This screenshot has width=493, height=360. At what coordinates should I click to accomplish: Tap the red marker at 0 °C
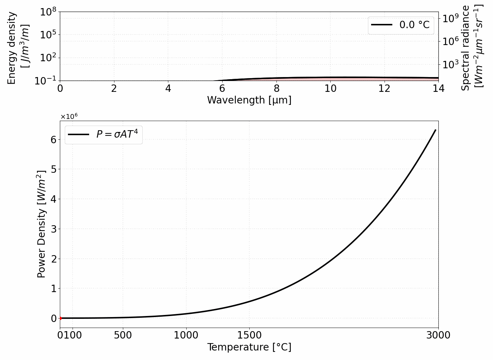point(60,318)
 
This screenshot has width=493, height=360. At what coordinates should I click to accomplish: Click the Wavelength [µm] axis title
point(249,100)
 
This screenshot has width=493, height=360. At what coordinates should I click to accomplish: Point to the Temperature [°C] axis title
point(249,347)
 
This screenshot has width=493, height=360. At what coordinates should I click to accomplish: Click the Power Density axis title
point(42,224)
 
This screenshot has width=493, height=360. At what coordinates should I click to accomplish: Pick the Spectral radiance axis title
point(472,47)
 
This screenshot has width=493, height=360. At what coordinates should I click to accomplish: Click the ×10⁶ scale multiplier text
point(69,116)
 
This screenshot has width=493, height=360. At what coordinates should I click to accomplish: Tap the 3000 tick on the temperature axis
point(438,335)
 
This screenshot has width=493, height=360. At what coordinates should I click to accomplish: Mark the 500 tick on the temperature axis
point(123,335)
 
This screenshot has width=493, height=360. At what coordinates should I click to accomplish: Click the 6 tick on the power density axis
point(54,140)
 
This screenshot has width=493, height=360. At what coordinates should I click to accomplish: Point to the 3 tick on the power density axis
point(54,229)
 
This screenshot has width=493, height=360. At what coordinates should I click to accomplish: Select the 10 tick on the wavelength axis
point(330,88)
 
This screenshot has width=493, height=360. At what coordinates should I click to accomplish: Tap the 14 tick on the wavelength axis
point(438,88)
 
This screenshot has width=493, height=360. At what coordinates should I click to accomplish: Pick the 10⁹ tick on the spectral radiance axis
point(451,18)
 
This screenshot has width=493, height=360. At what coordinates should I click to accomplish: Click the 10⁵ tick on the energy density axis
point(49,35)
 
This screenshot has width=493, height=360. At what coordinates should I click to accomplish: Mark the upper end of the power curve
point(436,130)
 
